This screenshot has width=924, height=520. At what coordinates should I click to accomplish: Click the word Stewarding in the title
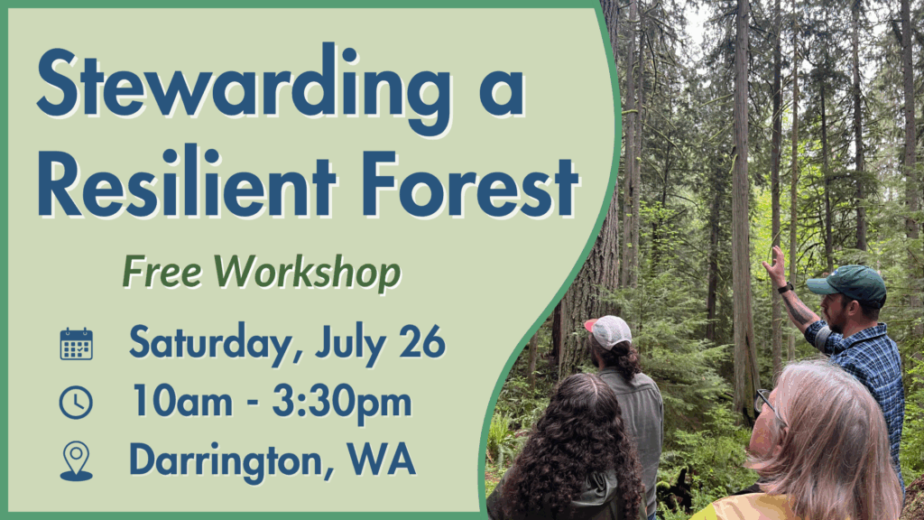tap(245, 86)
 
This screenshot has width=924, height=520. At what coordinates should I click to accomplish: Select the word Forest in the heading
tap(470, 183)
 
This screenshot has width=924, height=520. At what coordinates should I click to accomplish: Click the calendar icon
tap(76, 344)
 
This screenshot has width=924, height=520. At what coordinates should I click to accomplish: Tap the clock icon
tap(76, 403)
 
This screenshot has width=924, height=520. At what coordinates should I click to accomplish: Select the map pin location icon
tap(77, 460)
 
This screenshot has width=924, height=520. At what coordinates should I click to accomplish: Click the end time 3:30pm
tap(342, 403)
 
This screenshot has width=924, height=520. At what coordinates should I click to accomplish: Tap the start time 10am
tap(182, 401)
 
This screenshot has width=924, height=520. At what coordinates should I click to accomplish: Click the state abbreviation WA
tap(382, 459)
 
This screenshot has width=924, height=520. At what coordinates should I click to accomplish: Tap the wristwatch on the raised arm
tap(785, 288)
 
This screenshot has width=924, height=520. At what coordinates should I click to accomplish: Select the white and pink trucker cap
tap(608, 331)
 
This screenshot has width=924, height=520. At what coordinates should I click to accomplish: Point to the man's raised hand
tap(775, 266)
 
